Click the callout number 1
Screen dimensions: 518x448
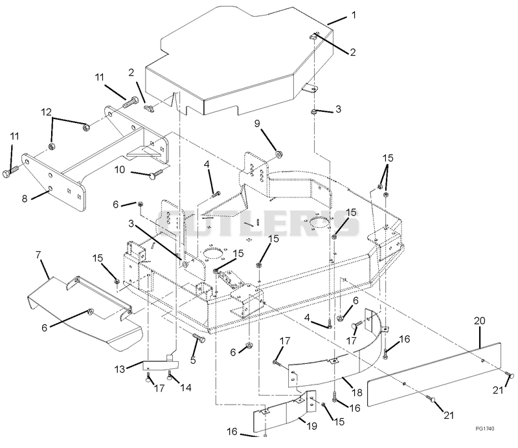354,15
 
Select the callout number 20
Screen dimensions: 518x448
480,320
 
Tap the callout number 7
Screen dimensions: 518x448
38,254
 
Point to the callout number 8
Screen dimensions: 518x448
25,199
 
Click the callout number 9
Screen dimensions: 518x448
257,124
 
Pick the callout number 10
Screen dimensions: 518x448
120,170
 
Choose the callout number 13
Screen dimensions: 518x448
120,369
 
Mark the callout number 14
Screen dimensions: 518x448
186,387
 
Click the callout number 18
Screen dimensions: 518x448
357,392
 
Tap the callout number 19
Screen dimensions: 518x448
312,426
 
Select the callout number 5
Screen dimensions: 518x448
193,360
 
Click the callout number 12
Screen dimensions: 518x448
46,113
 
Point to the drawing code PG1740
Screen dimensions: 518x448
485,429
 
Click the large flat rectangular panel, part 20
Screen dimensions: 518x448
434,374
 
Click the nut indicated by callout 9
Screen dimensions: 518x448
279,154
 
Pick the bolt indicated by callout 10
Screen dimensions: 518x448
155,173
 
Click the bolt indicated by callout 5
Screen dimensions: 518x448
198,338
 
